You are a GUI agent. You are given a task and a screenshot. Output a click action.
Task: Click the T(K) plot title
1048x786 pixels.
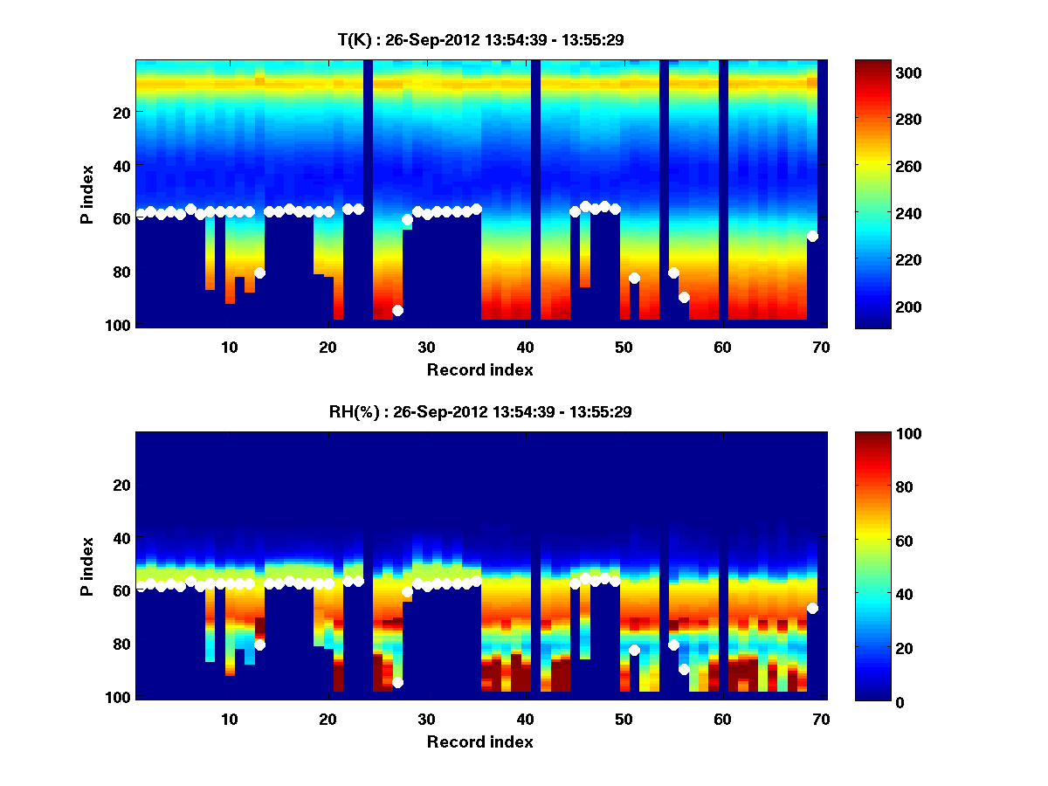479,39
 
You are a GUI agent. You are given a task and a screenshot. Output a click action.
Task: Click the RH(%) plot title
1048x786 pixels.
479,412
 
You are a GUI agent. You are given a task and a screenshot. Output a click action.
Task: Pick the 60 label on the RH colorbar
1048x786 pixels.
877,541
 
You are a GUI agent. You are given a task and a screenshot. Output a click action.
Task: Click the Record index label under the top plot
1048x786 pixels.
479,369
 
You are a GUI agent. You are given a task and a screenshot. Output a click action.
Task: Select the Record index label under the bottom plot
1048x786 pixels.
479,741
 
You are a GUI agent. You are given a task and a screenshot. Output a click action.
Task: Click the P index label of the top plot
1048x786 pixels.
88,194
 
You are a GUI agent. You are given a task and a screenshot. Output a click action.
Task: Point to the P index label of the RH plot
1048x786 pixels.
88,566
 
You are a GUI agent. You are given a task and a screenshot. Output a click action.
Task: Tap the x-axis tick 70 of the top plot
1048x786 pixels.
820,347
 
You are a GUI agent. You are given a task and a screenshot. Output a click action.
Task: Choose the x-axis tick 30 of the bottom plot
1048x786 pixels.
426,719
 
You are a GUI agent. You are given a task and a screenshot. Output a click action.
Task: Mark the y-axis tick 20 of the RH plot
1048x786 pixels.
121,485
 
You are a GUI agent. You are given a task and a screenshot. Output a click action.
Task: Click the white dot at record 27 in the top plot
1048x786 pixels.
397,310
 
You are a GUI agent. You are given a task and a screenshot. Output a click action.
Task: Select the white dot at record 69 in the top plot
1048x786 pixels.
812,236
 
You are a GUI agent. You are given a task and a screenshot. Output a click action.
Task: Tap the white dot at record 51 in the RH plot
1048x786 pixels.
634,650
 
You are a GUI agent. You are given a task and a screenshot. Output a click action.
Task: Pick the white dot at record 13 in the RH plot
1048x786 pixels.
259,645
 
